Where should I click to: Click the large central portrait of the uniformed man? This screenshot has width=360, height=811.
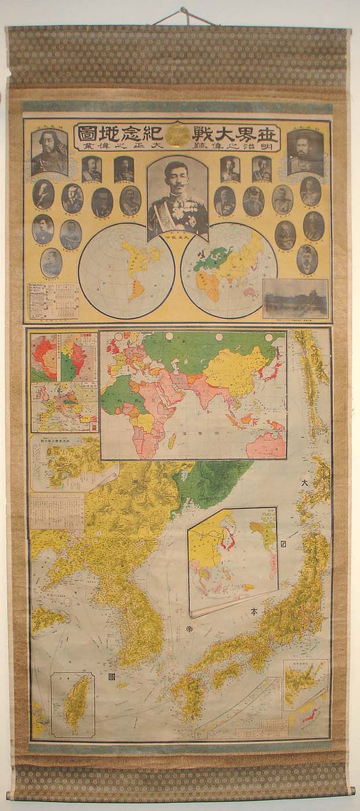click(x=178, y=197)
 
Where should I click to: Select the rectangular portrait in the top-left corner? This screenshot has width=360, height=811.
click(x=49, y=152)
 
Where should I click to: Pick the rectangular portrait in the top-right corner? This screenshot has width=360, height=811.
click(x=305, y=152)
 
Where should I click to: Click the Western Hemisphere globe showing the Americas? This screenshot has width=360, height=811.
click(x=126, y=270)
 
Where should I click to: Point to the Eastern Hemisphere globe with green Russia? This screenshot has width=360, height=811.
click(x=228, y=270)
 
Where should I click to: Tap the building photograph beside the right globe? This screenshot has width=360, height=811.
click(x=295, y=298)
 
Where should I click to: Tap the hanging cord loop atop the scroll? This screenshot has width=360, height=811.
click(x=182, y=15)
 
